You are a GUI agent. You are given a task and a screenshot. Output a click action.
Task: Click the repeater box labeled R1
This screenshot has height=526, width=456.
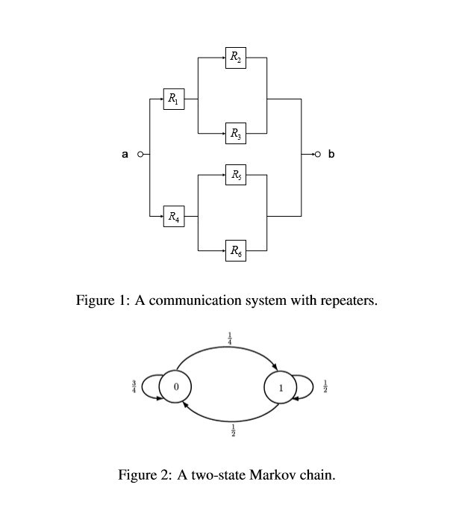click(174, 98)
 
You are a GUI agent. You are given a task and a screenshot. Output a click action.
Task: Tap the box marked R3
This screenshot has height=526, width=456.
click(235, 135)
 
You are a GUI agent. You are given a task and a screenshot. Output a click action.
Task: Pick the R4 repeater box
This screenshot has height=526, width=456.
click(174, 217)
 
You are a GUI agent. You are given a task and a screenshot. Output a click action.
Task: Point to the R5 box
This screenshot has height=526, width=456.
click(235, 176)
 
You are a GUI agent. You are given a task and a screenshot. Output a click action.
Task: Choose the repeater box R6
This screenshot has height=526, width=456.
click(235, 251)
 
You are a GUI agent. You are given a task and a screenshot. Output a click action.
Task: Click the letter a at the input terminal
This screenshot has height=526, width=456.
click(125, 155)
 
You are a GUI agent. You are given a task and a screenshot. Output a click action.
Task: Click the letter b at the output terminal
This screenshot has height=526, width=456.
click(332, 155)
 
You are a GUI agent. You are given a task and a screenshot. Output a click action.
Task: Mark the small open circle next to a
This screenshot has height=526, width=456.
click(139, 155)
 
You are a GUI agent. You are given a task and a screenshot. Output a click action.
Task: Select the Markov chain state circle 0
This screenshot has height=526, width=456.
click(176, 387)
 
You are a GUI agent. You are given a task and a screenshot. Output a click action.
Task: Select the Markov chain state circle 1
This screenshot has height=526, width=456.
click(280, 388)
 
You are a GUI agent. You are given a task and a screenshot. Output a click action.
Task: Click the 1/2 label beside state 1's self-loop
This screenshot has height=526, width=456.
click(325, 387)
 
